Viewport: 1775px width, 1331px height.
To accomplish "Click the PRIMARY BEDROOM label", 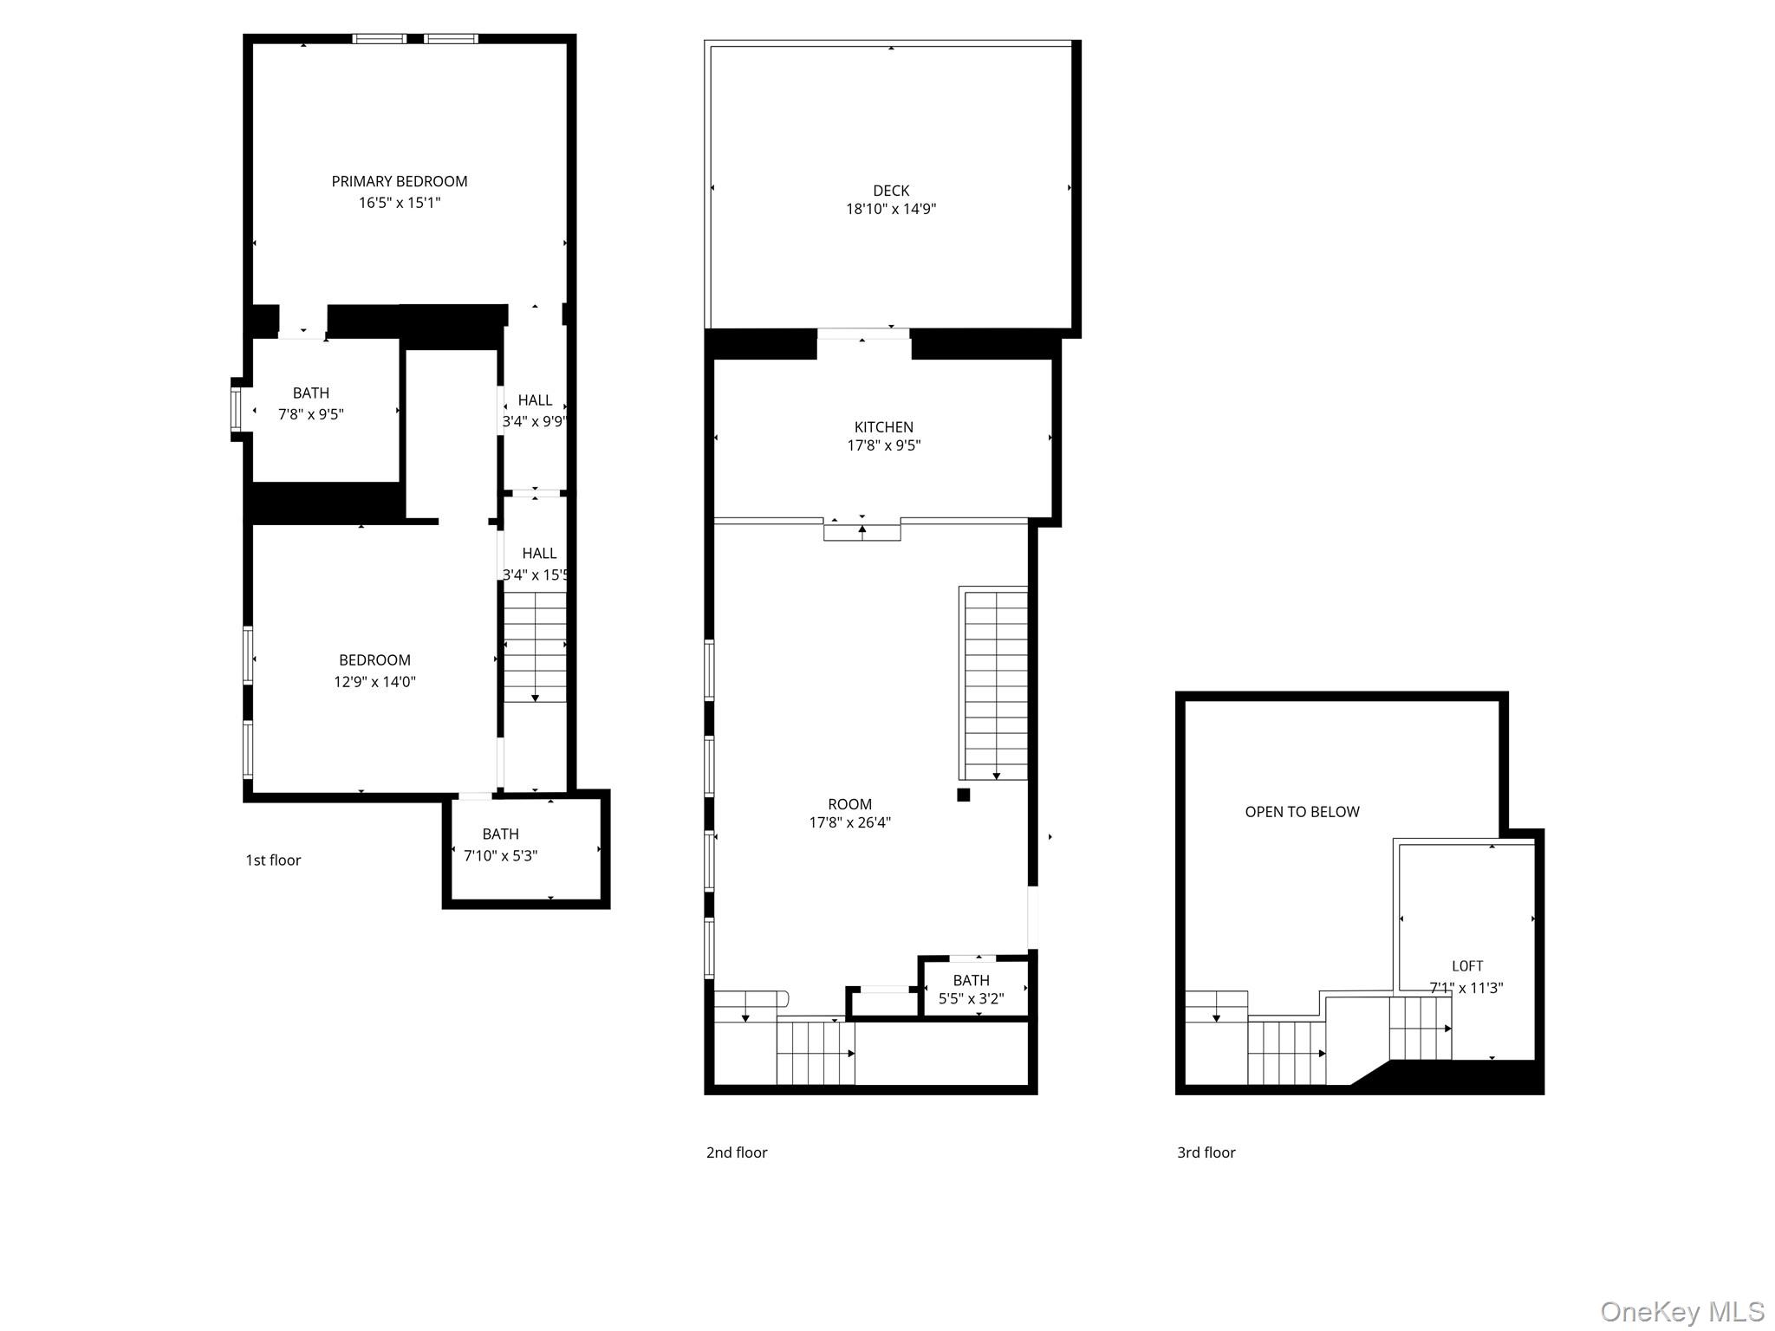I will pyautogui.click(x=400, y=181).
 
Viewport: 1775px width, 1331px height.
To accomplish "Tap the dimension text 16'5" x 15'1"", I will pyautogui.click(x=400, y=203).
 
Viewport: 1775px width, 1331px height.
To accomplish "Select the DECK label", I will pyautogui.click(x=891, y=191).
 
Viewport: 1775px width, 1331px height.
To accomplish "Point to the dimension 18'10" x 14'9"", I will pyautogui.click(x=891, y=209).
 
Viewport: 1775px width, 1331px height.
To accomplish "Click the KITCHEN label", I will pyautogui.click(x=883, y=427).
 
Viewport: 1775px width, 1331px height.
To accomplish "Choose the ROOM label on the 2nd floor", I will pyautogui.click(x=849, y=804).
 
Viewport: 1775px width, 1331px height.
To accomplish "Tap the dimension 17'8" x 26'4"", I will pyautogui.click(x=849, y=822).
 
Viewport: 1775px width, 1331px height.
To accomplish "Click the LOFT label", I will pyautogui.click(x=1467, y=966).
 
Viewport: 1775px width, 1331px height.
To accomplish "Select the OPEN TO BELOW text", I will pyautogui.click(x=1302, y=812).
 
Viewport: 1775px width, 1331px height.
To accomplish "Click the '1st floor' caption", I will pyautogui.click(x=273, y=860).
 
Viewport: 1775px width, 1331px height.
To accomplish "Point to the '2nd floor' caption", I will pyautogui.click(x=737, y=1152).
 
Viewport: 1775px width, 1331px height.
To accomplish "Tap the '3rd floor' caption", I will pyautogui.click(x=1206, y=1152).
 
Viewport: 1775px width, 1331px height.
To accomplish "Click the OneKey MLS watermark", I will pyautogui.click(x=1681, y=1311).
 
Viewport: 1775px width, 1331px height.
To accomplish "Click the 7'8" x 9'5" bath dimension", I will pyautogui.click(x=310, y=414).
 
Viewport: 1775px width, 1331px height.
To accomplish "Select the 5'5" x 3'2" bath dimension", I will pyautogui.click(x=971, y=999).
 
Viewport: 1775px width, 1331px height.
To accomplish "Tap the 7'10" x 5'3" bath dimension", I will pyautogui.click(x=500, y=856).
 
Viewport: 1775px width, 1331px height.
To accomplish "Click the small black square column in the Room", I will pyautogui.click(x=963, y=795).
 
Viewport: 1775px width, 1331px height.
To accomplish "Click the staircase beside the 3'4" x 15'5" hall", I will pyautogui.click(x=535, y=646).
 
